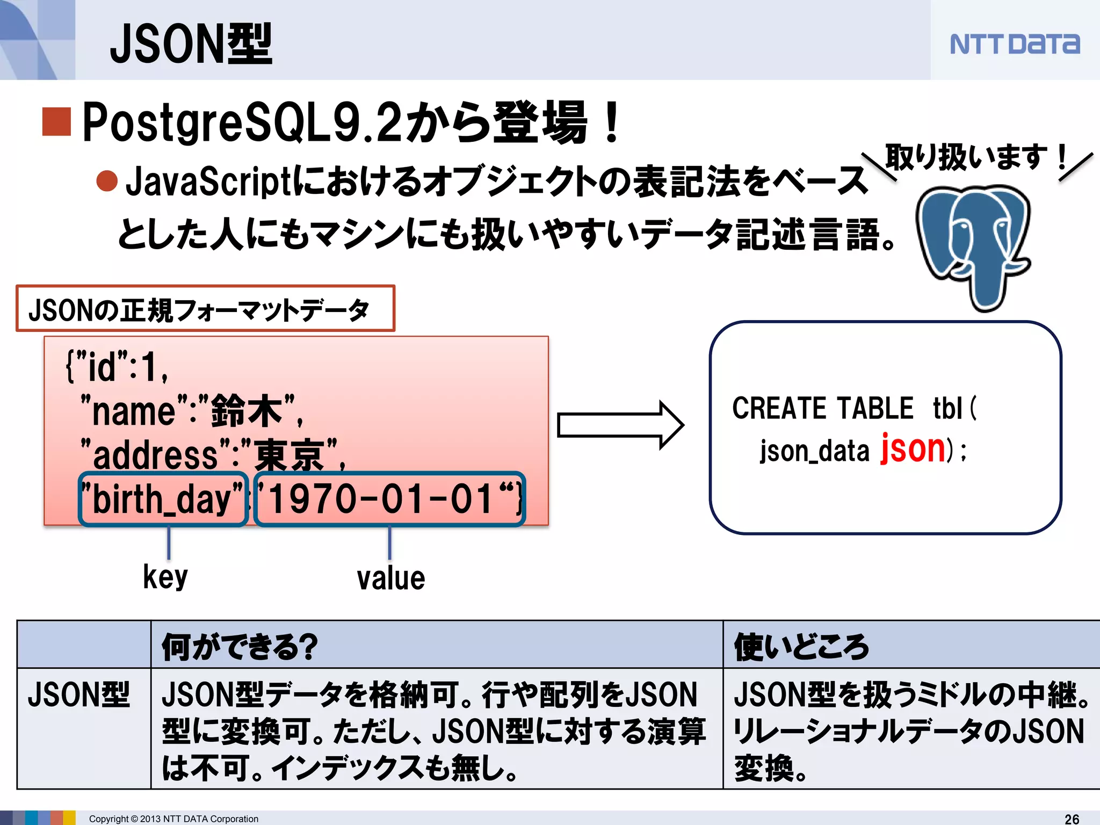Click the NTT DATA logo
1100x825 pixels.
(1014, 44)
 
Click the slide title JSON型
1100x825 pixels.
(191, 44)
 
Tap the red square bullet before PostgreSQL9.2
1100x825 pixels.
(56, 122)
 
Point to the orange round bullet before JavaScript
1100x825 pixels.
(107, 180)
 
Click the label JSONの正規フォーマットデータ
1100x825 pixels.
(199, 310)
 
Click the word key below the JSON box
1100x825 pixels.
(165, 577)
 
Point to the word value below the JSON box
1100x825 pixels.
(391, 578)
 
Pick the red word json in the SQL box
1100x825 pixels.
(913, 448)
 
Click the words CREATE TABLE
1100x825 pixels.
(822, 408)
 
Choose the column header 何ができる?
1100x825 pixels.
(240, 646)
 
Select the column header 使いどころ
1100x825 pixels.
(801, 646)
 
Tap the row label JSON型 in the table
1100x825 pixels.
(79, 694)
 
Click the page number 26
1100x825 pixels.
(1072, 819)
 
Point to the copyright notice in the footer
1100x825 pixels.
(173, 819)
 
